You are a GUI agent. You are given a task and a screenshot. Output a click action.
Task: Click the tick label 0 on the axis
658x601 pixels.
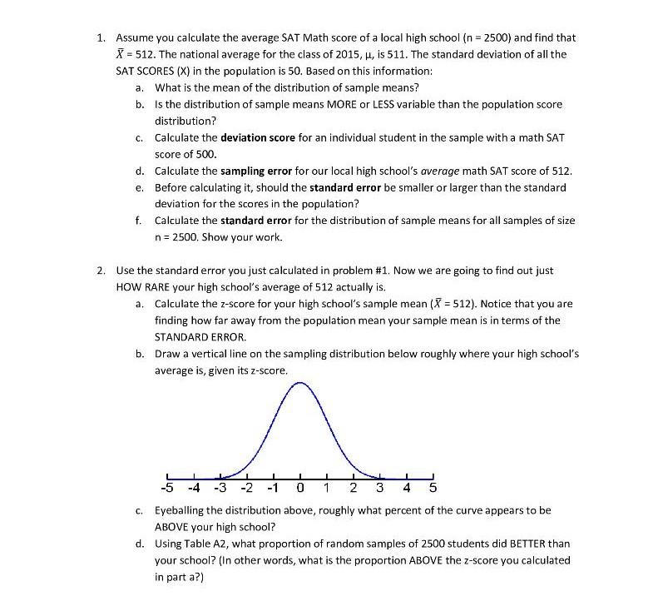(299, 487)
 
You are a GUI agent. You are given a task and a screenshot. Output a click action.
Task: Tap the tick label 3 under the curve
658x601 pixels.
(379, 487)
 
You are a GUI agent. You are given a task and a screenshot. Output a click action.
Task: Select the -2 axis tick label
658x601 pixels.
(246, 487)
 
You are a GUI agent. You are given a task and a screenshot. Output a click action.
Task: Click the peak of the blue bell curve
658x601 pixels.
(300, 383)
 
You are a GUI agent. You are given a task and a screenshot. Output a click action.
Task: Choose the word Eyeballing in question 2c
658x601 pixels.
(181, 509)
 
